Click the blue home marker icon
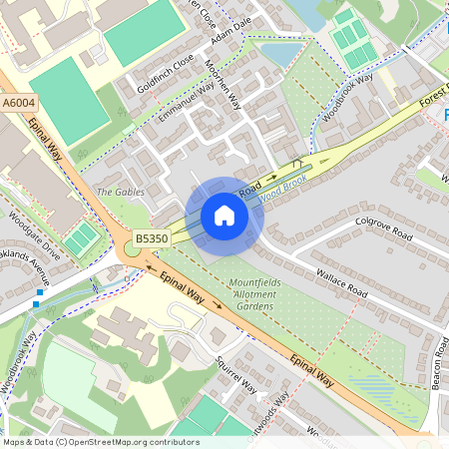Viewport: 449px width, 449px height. [x=224, y=216]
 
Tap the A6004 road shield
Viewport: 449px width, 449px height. [x=18, y=101]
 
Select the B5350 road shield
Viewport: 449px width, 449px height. [x=153, y=238]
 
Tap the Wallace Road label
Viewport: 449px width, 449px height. [x=342, y=284]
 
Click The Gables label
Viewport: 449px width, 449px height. [x=120, y=192]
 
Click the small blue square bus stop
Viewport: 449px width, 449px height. [x=37, y=302]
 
